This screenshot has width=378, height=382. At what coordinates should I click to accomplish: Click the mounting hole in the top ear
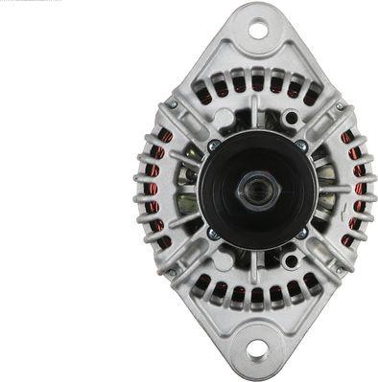click(257, 30)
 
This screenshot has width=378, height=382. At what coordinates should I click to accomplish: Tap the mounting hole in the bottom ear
click(256, 350)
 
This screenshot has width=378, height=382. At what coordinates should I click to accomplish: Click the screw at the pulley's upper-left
click(213, 146)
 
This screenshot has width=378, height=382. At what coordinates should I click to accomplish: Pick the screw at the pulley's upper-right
click(300, 146)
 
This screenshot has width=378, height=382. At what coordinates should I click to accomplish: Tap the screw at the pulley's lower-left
click(213, 233)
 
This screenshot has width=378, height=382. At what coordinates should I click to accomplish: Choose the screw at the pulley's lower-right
click(300, 233)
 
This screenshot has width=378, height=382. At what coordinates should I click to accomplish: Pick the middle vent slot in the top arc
click(257, 83)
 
